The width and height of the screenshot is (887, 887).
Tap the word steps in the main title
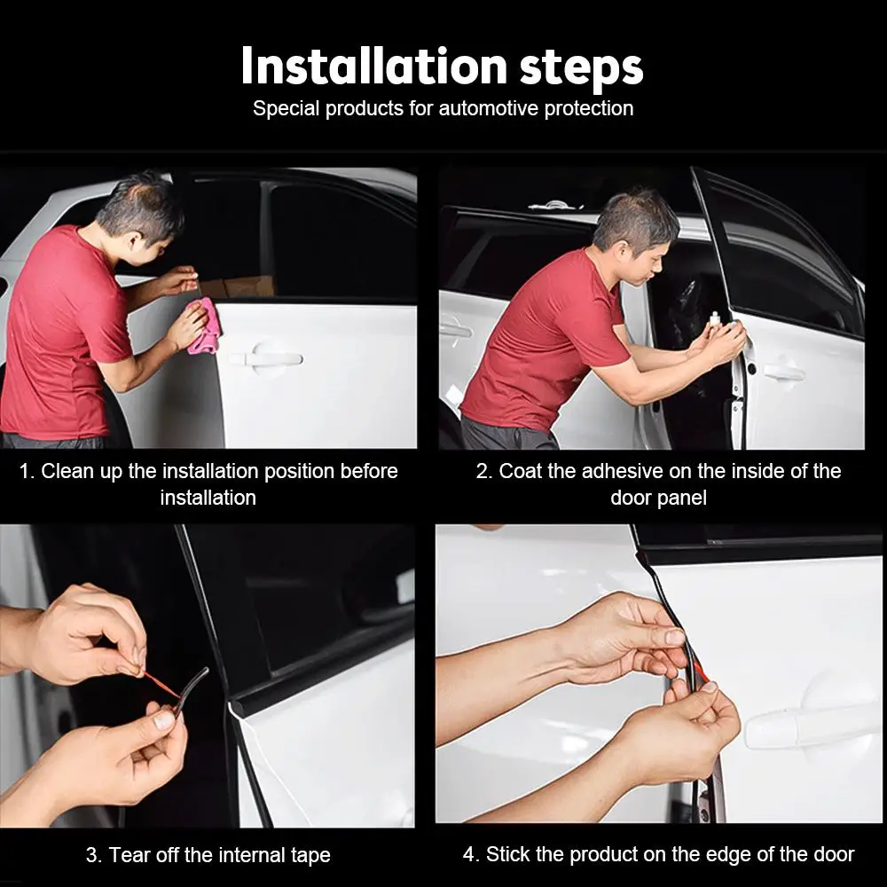(582, 70)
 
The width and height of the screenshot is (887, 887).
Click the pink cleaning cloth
(205, 327)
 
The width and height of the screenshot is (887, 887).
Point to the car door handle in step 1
(272, 358)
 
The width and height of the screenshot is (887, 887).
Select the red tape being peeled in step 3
(162, 684)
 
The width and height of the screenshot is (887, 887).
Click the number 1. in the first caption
(27, 471)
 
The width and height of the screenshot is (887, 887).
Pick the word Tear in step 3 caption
(130, 854)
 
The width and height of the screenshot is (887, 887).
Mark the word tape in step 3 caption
(310, 856)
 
